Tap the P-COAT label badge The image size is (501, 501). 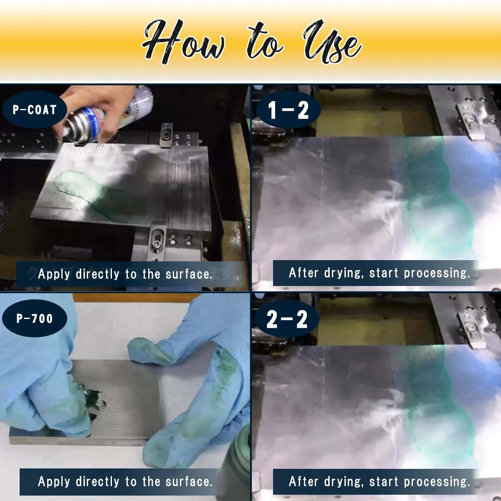point(35,110)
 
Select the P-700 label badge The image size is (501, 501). point(35,319)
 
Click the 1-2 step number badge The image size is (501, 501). point(288,111)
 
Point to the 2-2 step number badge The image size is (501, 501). point(287,319)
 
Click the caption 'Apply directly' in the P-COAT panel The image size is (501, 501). point(125,274)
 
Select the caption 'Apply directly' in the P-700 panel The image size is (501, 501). point(125,481)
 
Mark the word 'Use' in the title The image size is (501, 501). point(332,44)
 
